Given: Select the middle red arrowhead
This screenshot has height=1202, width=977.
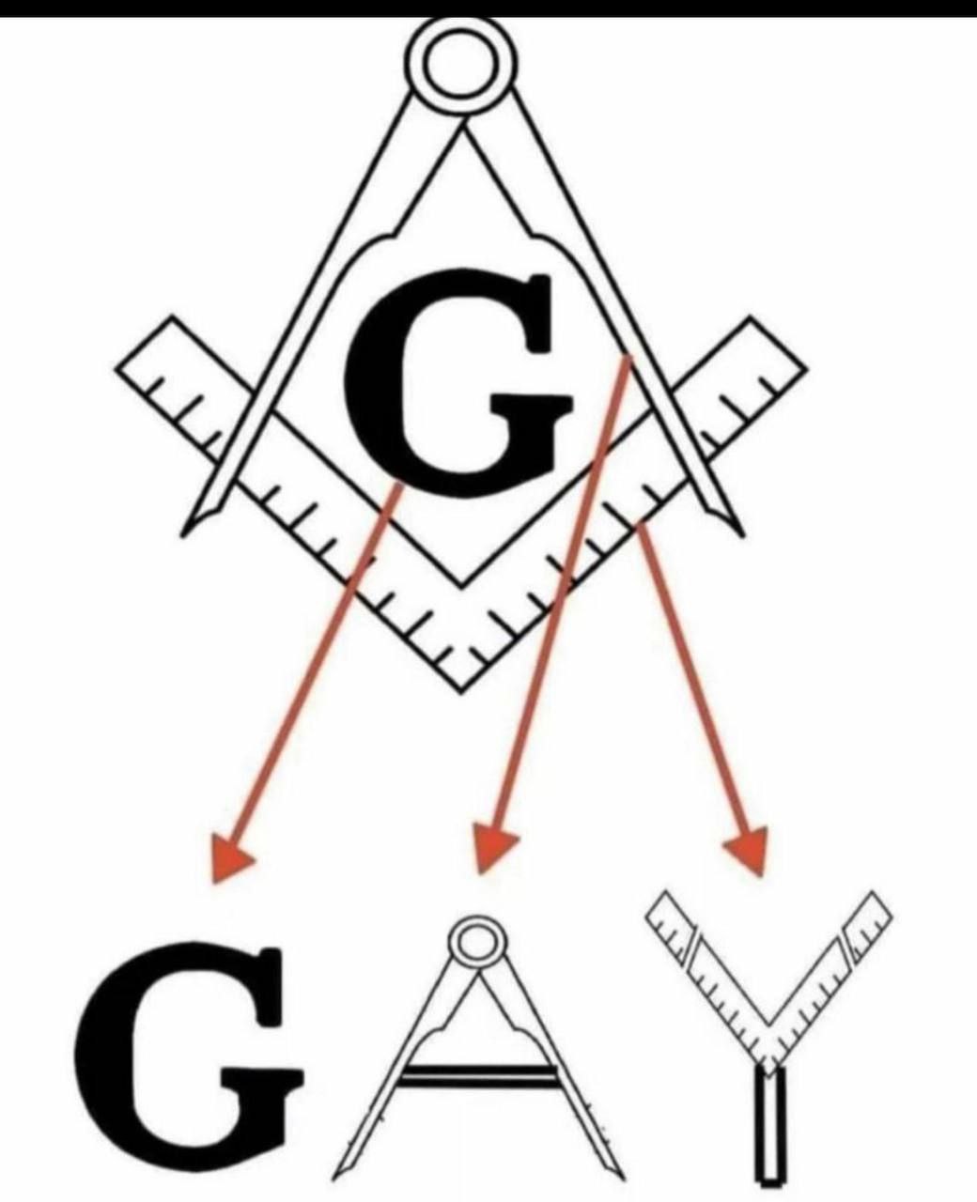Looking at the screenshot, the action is coord(492,855).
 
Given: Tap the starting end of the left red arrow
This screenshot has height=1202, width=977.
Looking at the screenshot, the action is coord(399,485).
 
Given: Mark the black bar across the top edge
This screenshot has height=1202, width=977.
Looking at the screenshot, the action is coord(488,8).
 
